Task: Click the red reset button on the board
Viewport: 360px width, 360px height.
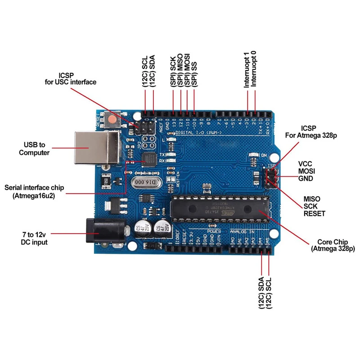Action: pos(111,120)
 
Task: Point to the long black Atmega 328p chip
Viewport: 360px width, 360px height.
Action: pos(219,208)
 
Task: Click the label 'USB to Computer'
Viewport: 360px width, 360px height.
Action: pos(34,148)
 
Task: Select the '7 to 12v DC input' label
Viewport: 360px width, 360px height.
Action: pos(34,238)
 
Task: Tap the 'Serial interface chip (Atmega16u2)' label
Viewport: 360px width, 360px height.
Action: pos(34,191)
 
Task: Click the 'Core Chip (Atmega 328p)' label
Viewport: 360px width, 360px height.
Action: pos(333,245)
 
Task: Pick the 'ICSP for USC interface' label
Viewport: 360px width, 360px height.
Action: pos(71,78)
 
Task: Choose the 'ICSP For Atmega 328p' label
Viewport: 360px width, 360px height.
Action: pos(311,131)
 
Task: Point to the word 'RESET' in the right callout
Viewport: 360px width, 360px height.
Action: pos(314,213)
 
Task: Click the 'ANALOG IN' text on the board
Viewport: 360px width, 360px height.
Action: pos(243,231)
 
